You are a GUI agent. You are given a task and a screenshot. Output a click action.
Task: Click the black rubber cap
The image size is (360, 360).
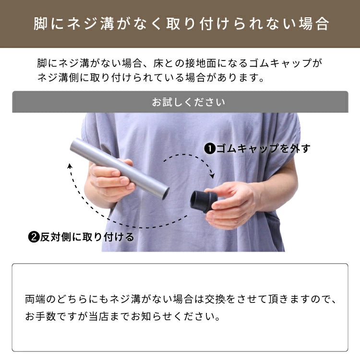(204, 201)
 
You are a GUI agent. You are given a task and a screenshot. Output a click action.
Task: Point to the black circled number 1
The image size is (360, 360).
(209, 149)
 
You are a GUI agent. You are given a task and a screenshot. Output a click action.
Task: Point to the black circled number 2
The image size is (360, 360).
(34, 237)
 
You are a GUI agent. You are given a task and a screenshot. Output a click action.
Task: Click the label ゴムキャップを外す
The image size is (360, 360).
(263, 149)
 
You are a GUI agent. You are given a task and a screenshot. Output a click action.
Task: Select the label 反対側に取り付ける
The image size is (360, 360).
(87, 237)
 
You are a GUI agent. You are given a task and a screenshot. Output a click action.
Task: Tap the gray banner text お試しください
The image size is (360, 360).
(189, 102)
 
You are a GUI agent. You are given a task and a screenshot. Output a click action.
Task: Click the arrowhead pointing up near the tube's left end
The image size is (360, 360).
(70, 166)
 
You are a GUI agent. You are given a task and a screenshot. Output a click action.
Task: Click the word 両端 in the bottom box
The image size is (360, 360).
(35, 300)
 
